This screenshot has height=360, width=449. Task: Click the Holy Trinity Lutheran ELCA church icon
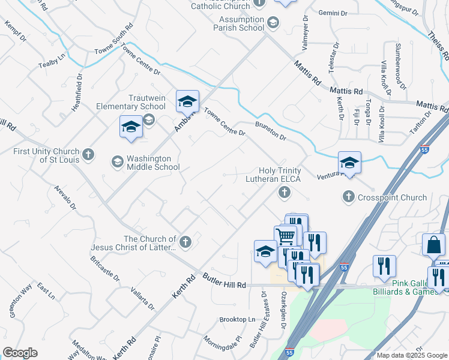pos(284,193)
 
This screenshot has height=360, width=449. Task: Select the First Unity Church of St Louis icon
pos(88,155)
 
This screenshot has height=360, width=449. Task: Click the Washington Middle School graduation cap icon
pos(117,162)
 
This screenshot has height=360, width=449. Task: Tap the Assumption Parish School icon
pos(273,23)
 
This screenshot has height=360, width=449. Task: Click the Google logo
pos(20,353)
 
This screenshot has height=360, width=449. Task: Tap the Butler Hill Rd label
pos(225,285)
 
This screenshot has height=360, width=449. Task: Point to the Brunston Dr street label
pos(270,131)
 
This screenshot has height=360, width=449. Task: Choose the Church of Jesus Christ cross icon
pos(185,242)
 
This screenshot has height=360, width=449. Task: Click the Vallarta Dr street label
pos(143,298)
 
